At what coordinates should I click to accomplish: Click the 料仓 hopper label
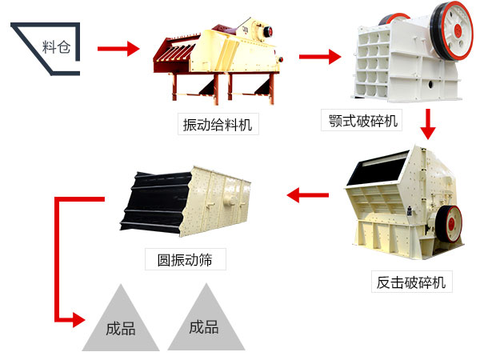(x=56, y=46)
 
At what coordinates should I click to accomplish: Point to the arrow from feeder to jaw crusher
(x=319, y=56)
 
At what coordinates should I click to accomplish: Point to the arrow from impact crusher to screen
(x=307, y=193)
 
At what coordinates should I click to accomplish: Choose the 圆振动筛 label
(x=185, y=259)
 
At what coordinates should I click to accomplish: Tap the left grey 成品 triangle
(x=120, y=324)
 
